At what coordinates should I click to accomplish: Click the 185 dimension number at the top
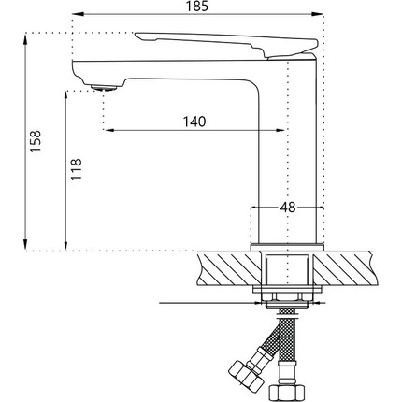click(x=196, y=7)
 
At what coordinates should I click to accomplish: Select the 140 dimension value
click(x=195, y=122)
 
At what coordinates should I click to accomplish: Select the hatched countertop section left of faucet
click(x=224, y=271)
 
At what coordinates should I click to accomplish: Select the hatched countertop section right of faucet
click(x=355, y=271)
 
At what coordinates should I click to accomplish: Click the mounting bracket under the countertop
click(x=289, y=295)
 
